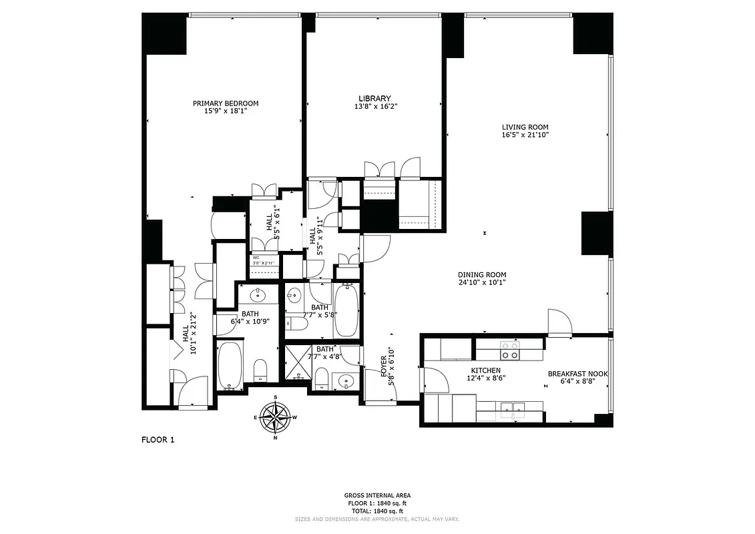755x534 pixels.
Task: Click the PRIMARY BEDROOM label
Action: click(225, 103)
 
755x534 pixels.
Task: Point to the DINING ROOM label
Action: click(481, 274)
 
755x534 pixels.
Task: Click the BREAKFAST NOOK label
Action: click(577, 374)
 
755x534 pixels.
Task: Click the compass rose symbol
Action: click(275, 417)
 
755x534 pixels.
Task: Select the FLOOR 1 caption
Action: click(158, 439)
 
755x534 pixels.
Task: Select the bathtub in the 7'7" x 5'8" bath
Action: click(345, 310)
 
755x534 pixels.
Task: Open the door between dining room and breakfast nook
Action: click(559, 323)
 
